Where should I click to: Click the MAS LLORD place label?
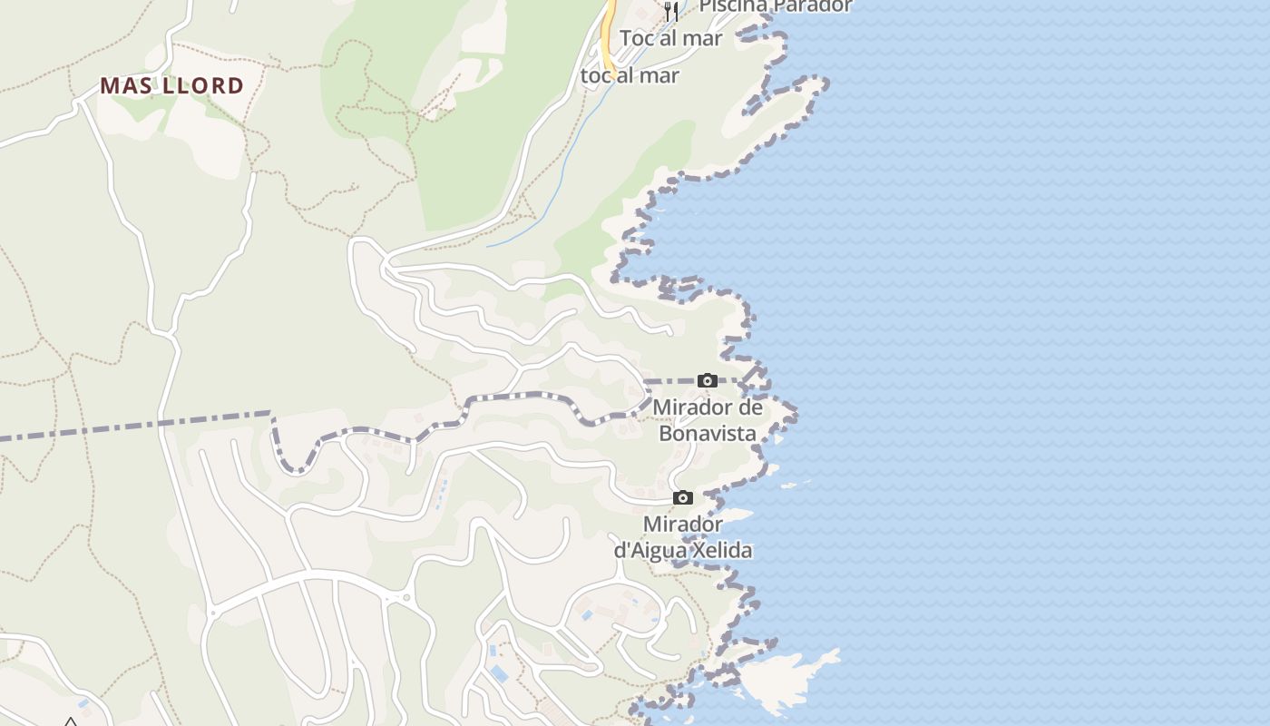pos(171,86)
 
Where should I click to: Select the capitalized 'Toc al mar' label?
pos(670,38)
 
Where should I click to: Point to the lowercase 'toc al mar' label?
pos(630,75)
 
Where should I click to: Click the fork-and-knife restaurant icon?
pos(671,11)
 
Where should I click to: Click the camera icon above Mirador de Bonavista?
pos(708,380)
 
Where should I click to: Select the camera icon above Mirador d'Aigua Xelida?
pos(683,497)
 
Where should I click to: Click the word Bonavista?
pos(708,434)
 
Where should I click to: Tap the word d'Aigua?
pos(650,551)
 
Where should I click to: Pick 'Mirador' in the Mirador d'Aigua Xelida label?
pos(683,525)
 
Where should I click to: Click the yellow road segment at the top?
pos(607,36)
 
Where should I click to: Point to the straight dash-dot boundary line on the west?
pos(136,425)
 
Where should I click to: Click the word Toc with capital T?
pos(637,38)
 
